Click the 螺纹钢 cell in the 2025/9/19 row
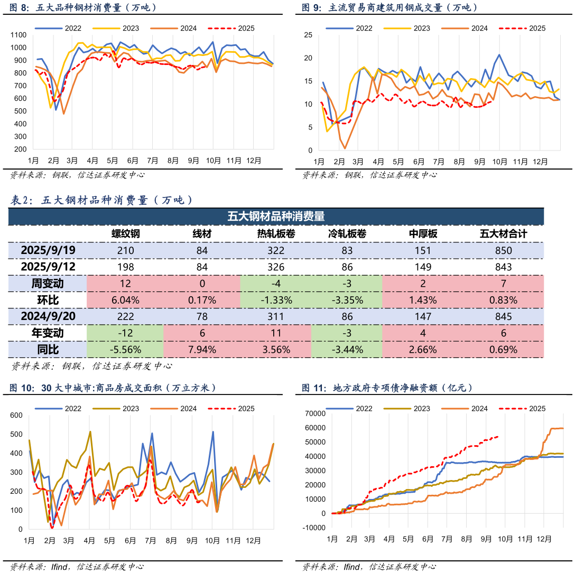tap(125, 251)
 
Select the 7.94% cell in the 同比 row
tap(202, 350)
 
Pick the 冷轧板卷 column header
tap(347, 234)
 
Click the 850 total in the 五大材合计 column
tap(503, 251)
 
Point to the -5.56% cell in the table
tap(125, 350)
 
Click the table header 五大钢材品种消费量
tap(275, 216)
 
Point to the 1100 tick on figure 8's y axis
tap(18, 35)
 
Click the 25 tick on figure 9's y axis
tap(309, 35)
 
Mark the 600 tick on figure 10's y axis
tap(16, 415)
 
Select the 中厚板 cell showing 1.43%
tap(423, 300)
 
